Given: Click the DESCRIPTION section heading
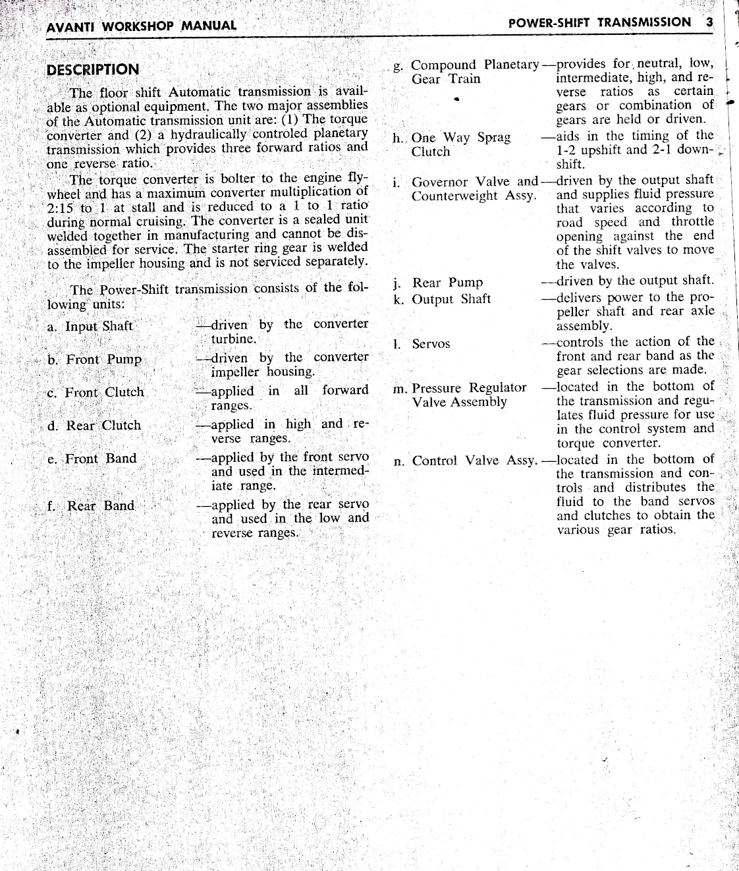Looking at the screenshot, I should [93, 70].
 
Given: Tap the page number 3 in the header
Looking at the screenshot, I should [709, 22].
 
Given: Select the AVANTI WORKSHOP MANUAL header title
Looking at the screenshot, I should [141, 27].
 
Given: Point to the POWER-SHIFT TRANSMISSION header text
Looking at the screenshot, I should [600, 22].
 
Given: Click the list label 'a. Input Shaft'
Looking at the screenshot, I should [90, 326].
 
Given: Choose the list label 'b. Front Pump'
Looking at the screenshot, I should [94, 360].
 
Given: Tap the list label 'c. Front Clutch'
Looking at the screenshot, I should [96, 392].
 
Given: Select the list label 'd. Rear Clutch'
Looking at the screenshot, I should [94, 426].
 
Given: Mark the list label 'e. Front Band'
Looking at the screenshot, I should [92, 459].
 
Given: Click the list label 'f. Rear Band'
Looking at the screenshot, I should [91, 506].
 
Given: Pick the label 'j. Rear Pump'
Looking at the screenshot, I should [437, 283].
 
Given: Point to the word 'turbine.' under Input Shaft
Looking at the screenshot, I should [234, 339].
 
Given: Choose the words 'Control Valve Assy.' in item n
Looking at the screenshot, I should [474, 461].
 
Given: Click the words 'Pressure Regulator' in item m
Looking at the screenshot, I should [469, 387].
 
